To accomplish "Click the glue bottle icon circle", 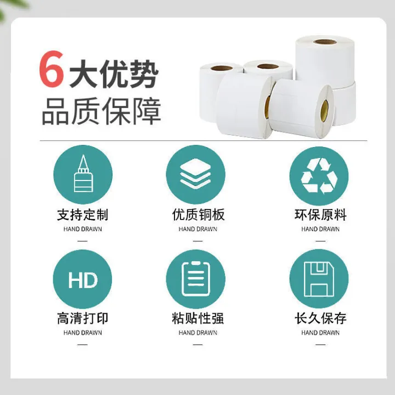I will point(82,174).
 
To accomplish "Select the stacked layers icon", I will point(196,174).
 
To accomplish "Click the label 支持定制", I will point(82,215).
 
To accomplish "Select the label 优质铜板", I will point(198,215).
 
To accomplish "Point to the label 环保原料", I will point(320,215).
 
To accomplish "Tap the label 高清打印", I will point(82,318).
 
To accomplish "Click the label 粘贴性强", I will point(198,318).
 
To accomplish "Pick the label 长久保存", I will point(320,318).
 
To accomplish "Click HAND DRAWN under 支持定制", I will point(82,229).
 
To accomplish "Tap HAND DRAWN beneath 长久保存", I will point(320,332).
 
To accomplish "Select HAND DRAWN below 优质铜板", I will point(198,229).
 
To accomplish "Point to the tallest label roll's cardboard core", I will point(324,42).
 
